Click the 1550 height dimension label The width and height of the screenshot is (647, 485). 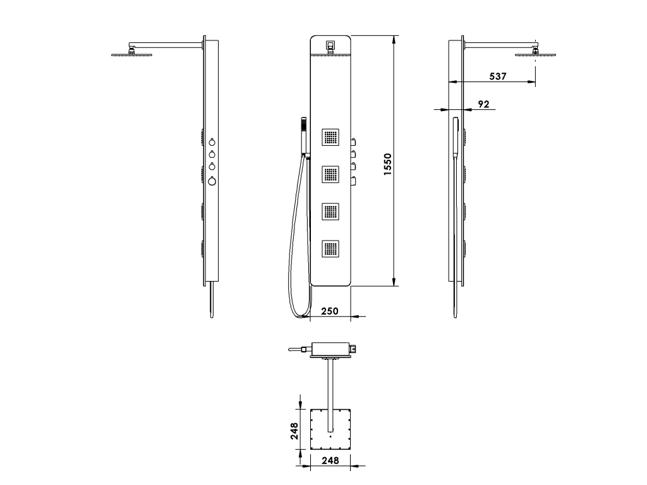tap(387, 165)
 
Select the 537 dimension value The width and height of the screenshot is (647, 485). tap(498, 76)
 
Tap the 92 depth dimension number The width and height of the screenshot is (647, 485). tap(483, 104)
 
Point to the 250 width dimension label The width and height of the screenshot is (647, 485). tap(330, 311)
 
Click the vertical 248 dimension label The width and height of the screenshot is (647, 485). tap(294, 431)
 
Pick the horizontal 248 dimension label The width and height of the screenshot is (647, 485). tap(330, 460)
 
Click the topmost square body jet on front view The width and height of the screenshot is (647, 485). tap(330, 137)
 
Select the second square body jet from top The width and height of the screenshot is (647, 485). tap(330, 174)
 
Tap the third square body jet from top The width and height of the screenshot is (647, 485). tap(330, 211)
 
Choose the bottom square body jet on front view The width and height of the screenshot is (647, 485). tap(330, 248)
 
